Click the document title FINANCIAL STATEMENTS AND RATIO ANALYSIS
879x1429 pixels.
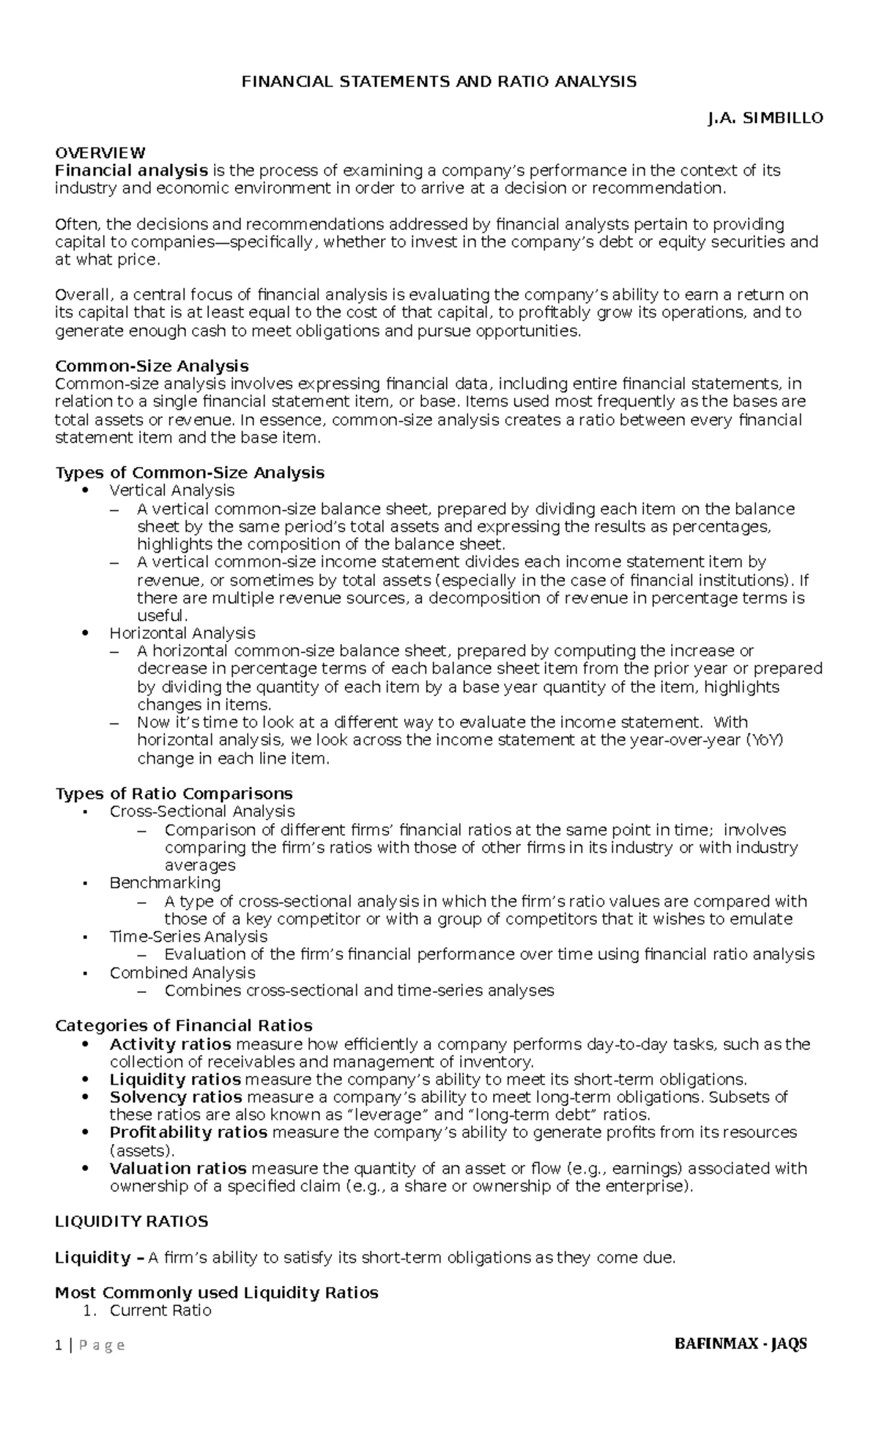click(x=439, y=81)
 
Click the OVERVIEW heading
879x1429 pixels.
click(x=100, y=153)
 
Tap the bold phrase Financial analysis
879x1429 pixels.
click(x=131, y=171)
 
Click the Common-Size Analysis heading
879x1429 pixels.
click(x=152, y=366)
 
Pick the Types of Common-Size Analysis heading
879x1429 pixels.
click(x=190, y=473)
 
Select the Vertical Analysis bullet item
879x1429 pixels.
click(x=171, y=490)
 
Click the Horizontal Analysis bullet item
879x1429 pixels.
click(x=182, y=633)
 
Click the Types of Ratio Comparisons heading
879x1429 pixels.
click(x=174, y=794)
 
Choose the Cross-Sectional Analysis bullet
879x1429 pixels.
click(x=202, y=811)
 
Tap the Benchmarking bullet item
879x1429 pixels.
click(x=165, y=883)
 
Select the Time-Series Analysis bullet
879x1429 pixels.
click(x=188, y=937)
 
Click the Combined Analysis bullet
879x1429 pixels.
click(x=182, y=972)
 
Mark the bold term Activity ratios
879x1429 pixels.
click(x=170, y=1044)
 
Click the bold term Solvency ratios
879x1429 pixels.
click(x=176, y=1097)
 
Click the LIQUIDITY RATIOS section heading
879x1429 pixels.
click(x=132, y=1222)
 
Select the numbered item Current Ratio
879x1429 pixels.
click(x=160, y=1310)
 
